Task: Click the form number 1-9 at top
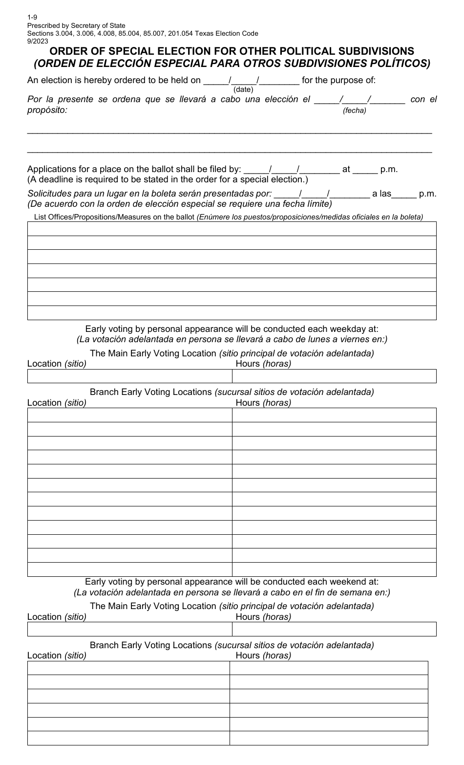coord(32,18)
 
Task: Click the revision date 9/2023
coord(38,41)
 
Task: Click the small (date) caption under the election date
coord(243,89)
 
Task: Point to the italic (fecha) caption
coord(354,110)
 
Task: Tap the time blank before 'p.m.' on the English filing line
coord(365,170)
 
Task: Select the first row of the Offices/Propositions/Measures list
coord(232,229)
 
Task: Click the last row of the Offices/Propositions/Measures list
coord(232,313)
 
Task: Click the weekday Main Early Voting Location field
coord(129,376)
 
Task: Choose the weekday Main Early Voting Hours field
coord(334,376)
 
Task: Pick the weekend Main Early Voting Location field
coord(129,629)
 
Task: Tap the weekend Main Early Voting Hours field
coord(334,629)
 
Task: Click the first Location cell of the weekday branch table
coord(129,415)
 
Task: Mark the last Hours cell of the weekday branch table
coord(334,569)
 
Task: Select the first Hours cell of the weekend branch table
coord(329,668)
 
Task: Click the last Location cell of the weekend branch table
coord(128,738)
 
